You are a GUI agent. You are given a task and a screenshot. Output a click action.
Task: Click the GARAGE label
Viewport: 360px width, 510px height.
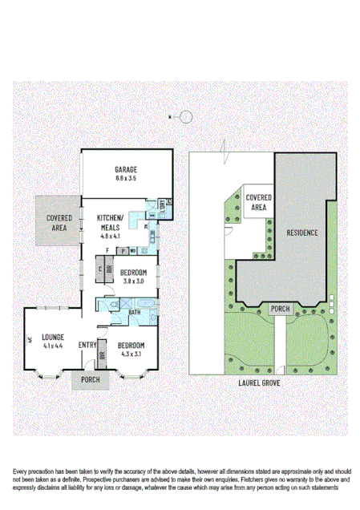125,169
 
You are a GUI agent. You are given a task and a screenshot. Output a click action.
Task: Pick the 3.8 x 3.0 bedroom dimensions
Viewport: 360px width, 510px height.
132,281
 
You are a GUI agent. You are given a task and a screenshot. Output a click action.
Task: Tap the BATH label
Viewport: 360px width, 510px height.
134,313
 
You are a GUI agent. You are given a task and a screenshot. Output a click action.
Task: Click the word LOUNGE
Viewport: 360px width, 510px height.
53,337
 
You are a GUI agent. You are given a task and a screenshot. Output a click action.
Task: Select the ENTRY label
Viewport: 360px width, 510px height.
87,346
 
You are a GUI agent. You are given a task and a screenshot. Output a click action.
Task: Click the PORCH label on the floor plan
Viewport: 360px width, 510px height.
90,380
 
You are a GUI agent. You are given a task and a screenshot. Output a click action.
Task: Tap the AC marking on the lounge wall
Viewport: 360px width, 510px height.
29,340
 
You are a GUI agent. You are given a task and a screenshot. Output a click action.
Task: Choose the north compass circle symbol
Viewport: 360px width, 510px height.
185,118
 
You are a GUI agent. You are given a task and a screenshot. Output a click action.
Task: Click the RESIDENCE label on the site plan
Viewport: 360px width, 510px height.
301,233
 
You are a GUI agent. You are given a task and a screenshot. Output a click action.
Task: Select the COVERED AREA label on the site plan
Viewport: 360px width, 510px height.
257,201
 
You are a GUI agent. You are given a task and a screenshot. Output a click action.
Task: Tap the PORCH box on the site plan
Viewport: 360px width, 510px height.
279,308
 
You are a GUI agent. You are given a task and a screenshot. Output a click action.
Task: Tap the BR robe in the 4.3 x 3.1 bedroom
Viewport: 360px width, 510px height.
102,354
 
